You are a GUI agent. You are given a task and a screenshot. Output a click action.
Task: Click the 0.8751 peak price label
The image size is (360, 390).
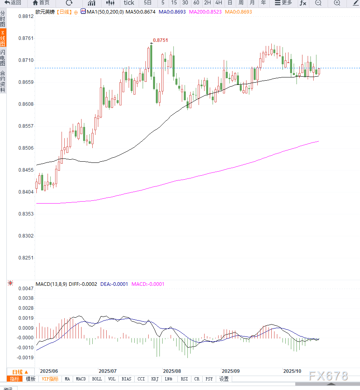(x=161, y=40)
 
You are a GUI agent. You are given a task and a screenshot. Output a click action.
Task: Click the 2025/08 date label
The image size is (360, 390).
(x=172, y=370)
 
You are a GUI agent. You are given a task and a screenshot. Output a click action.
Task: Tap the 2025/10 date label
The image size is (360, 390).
(x=292, y=370)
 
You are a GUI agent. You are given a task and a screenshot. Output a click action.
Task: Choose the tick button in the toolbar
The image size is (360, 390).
(x=129, y=3)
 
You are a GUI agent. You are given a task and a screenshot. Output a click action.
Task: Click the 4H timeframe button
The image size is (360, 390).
(x=219, y=3)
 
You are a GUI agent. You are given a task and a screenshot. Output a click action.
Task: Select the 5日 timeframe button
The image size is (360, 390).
(x=147, y=3)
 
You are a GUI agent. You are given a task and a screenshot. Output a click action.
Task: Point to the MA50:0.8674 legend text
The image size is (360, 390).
(x=140, y=12)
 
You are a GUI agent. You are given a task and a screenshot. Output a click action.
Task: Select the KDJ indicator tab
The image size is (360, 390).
(x=155, y=379)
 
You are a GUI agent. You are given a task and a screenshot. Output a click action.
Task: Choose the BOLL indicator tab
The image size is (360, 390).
(x=97, y=379)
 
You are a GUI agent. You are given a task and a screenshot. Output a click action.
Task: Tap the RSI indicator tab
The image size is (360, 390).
(x=184, y=379)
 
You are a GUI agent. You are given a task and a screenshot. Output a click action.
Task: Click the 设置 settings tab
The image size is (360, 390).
(x=224, y=379)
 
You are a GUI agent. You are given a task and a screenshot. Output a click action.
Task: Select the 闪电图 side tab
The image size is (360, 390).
(x=3, y=58)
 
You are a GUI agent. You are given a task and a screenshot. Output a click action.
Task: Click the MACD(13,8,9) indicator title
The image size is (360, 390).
(x=51, y=284)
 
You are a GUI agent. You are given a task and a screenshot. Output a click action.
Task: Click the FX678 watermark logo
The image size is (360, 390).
(x=329, y=376)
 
